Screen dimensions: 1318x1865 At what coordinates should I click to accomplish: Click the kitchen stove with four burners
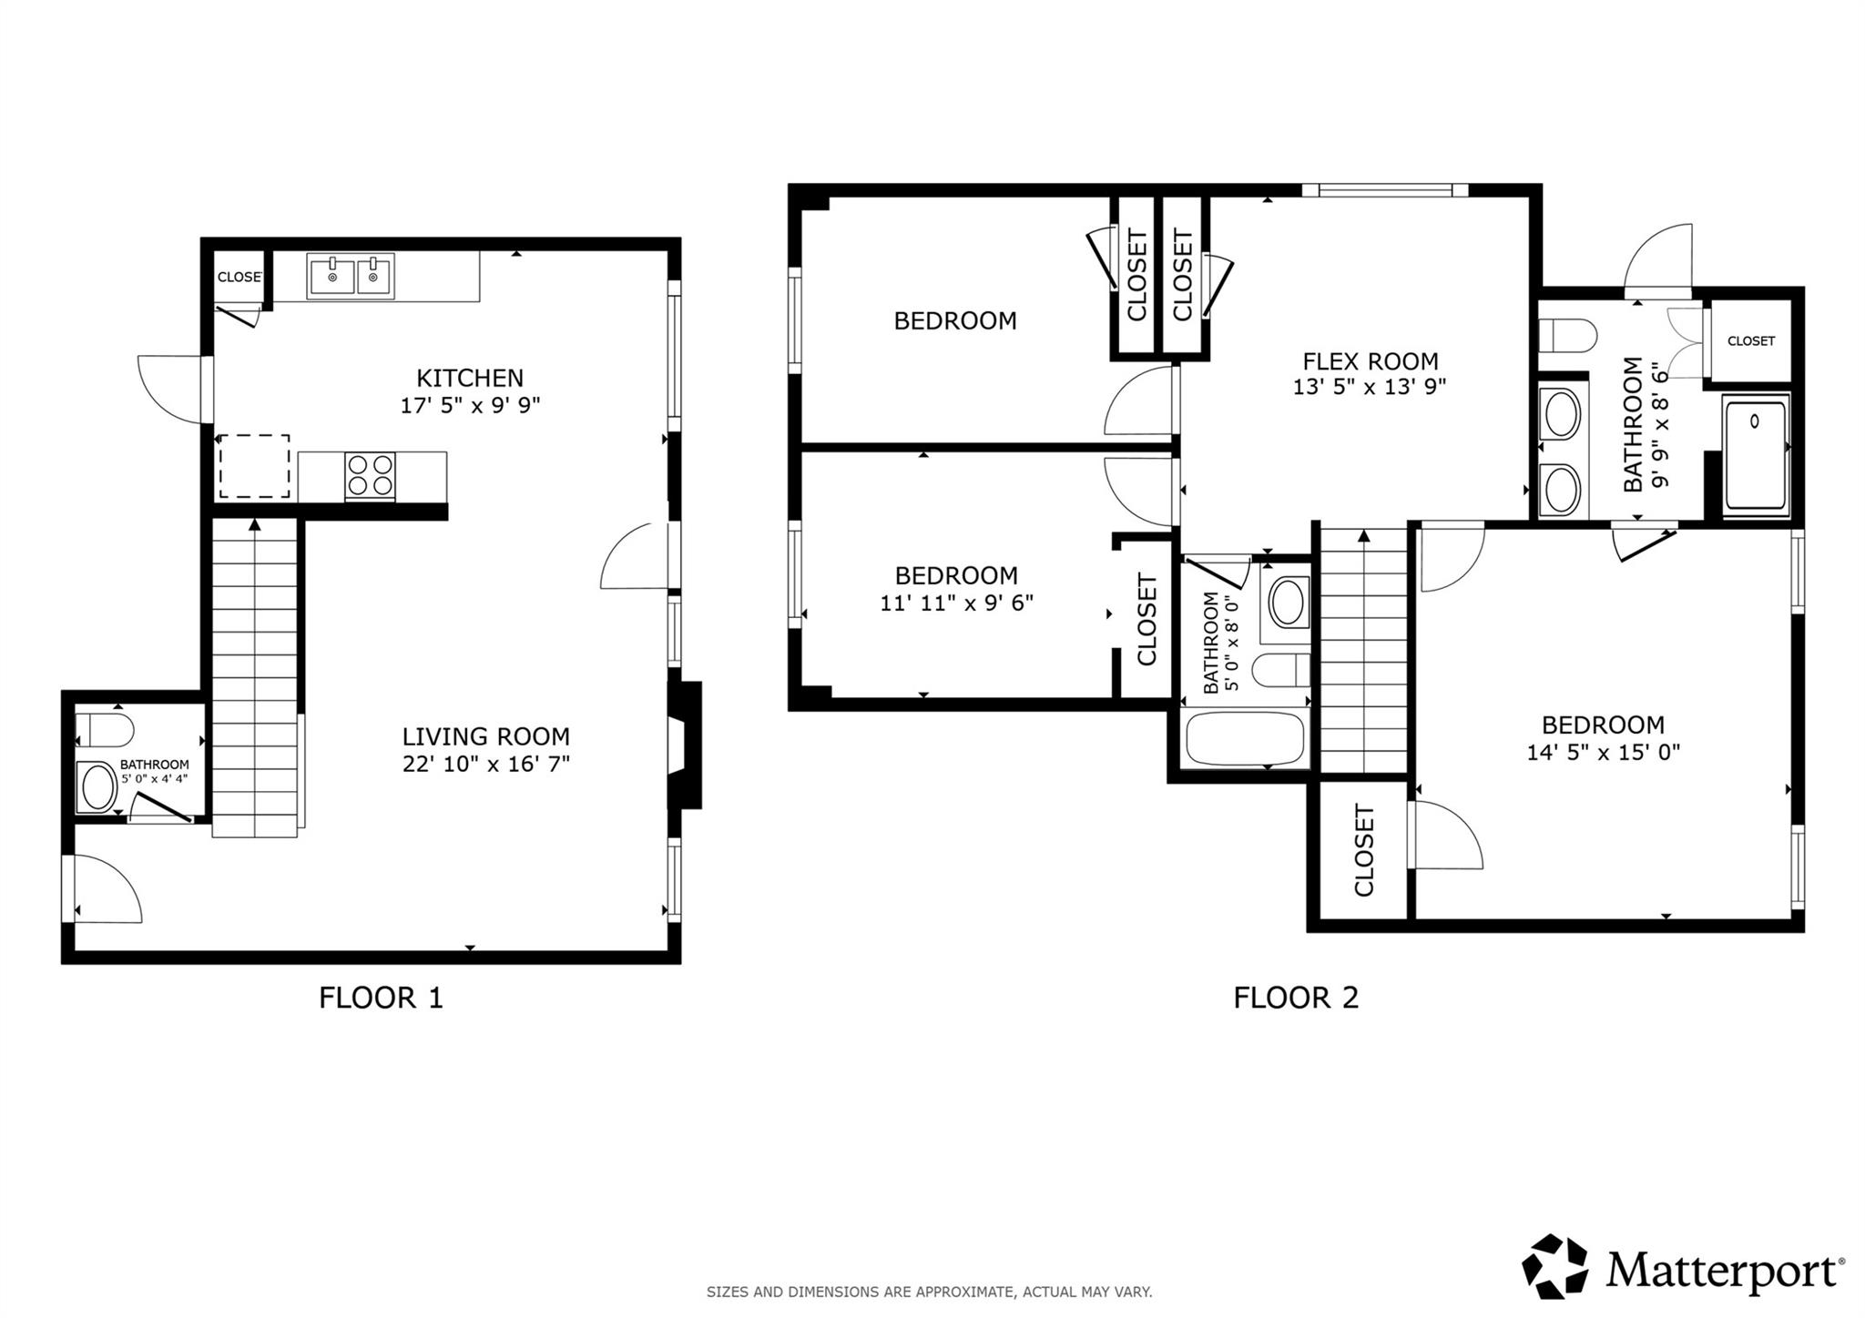tap(370, 475)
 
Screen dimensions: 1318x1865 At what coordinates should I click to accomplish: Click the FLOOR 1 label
tap(381, 998)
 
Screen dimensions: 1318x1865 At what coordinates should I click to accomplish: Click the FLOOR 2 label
tap(1296, 998)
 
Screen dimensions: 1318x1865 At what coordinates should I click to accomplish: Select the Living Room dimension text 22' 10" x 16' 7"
tap(486, 764)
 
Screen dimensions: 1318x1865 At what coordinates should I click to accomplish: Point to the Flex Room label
tap(1371, 360)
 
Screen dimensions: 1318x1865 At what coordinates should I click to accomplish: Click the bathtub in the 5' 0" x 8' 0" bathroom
tap(1245, 738)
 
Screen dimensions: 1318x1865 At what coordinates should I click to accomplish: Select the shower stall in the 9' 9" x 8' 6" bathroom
tap(1755, 455)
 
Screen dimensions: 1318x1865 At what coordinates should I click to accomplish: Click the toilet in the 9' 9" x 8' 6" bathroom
tap(1566, 335)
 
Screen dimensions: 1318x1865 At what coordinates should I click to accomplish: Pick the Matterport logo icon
tap(1554, 1266)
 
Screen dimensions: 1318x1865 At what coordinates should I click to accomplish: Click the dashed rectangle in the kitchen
tap(254, 466)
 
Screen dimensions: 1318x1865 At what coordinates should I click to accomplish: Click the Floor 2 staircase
tap(1363, 651)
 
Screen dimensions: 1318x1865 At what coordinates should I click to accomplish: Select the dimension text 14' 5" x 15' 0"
tap(1603, 753)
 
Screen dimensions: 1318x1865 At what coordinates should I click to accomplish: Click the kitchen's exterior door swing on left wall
tap(173, 390)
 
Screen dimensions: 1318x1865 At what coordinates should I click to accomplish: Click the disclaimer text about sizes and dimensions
tap(929, 1292)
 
